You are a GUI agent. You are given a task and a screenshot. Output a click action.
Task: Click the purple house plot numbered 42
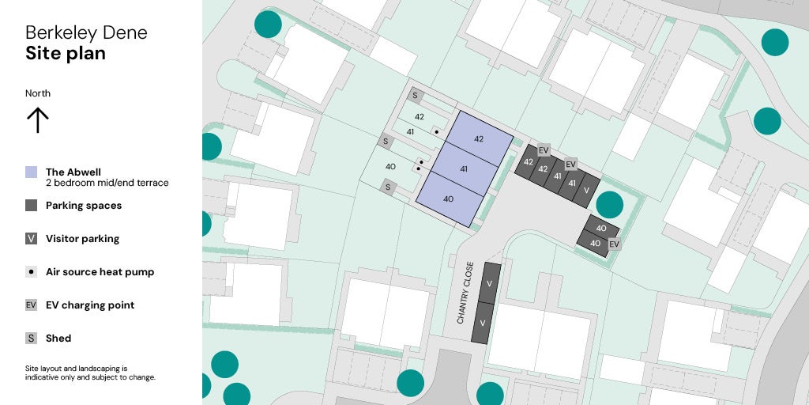pos(478,138)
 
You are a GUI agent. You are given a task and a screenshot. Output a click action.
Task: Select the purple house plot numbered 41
pos(464,168)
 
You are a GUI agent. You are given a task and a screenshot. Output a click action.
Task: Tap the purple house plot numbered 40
pos(449,199)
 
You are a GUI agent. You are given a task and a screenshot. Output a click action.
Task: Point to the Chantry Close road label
pos(465,293)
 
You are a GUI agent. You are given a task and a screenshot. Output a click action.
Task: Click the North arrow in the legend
pos(38,120)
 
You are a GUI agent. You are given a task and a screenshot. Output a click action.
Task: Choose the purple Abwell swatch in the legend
pos(31,172)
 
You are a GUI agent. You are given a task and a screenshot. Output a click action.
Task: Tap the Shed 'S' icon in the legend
pos(31,338)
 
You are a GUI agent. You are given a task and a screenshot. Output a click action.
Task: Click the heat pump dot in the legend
pos(31,271)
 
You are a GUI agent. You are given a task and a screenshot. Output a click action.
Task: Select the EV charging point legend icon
pos(31,305)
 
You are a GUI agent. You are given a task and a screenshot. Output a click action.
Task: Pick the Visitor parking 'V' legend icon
pos(31,238)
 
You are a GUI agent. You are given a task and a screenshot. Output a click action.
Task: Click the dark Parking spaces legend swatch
pos(31,205)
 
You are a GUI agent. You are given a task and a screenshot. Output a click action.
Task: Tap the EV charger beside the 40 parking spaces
pos(614,244)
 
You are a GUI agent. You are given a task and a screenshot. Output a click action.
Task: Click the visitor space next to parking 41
pos(586,191)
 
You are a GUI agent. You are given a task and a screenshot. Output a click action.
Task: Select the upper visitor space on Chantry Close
pos(489,283)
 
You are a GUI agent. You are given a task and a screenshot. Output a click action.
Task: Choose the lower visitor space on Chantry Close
pos(481,323)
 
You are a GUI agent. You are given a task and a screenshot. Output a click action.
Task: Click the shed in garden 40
pos(387,187)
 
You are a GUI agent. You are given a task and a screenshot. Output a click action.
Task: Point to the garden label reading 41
pos(410,131)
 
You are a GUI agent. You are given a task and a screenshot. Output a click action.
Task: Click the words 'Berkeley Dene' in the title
pos(86,32)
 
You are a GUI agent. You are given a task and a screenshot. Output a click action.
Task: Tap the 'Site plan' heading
pos(66,53)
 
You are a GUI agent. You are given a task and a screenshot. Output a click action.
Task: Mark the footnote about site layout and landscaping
pos(90,373)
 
